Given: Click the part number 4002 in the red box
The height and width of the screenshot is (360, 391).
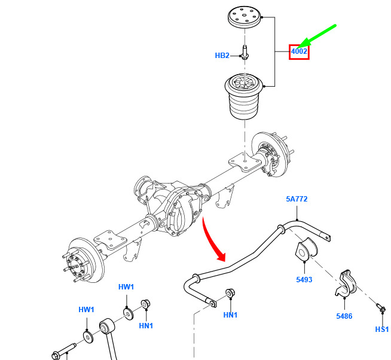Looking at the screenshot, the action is (x=299, y=51).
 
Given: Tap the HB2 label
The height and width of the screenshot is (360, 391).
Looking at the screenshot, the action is (x=222, y=56).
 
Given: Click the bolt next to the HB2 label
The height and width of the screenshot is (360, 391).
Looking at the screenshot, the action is (x=245, y=52).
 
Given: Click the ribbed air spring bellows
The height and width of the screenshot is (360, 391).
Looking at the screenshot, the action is (x=244, y=97).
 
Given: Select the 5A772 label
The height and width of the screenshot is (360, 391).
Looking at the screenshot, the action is (x=297, y=199).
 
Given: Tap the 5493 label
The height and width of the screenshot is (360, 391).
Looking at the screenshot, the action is (x=304, y=279).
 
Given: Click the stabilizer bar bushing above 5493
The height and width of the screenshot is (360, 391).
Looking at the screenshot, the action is (x=306, y=249).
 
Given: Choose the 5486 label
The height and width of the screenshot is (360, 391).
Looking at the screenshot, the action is (x=344, y=316).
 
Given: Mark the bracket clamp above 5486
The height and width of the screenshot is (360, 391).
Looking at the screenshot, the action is (x=346, y=283).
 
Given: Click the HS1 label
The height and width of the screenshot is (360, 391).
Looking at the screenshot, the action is (x=382, y=330).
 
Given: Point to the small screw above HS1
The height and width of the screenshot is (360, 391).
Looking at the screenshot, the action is (x=381, y=307).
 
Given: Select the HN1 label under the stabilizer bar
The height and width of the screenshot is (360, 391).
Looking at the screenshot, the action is (x=230, y=315).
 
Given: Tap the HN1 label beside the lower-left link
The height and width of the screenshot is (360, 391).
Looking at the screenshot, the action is (x=146, y=325).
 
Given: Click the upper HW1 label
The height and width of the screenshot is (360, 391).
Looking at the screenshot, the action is (x=126, y=287).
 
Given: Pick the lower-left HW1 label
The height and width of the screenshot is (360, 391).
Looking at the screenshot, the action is (x=86, y=310).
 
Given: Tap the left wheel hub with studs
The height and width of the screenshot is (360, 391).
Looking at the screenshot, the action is (x=83, y=261).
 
